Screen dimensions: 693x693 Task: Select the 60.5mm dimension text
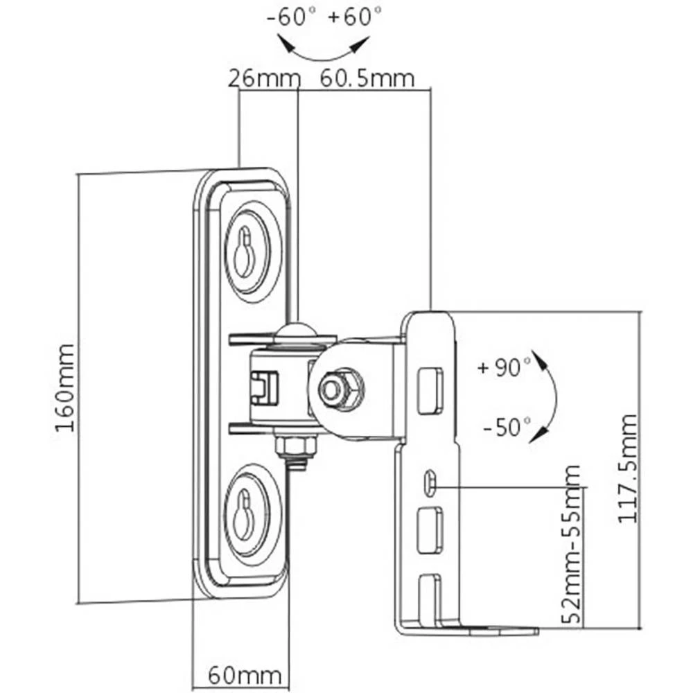pyautogui.click(x=367, y=78)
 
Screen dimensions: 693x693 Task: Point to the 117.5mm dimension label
pyautogui.click(x=628, y=468)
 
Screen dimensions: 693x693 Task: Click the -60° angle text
pyautogui.click(x=289, y=17)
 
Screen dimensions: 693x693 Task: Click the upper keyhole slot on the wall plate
pyautogui.click(x=243, y=254)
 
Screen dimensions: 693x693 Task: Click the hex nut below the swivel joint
pyautogui.click(x=296, y=446)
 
